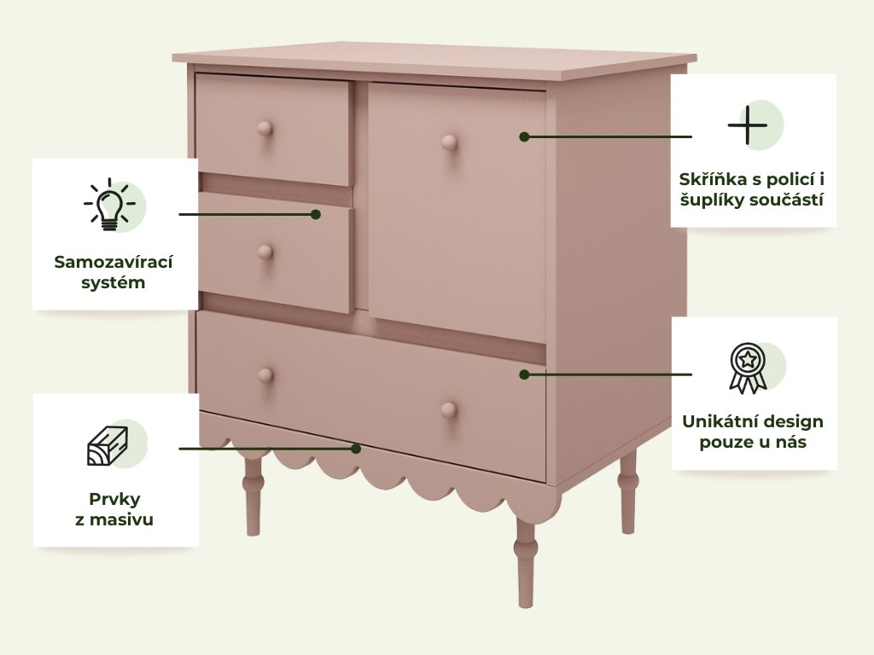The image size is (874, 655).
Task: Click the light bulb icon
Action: (110, 205)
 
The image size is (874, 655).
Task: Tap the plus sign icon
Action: (748, 125)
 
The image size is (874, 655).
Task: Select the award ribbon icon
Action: (748, 368)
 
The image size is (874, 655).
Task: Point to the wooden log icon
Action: (108, 445)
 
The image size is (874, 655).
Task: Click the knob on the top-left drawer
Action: (265, 130)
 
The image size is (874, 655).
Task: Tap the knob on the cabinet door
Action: (449, 143)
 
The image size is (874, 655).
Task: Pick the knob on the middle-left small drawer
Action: (265, 252)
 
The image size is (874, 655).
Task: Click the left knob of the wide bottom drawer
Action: (265, 375)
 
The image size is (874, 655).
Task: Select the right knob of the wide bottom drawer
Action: (449, 410)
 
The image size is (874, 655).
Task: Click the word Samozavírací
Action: (114, 263)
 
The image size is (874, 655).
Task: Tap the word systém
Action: (114, 282)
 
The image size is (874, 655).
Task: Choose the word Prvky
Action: (114, 500)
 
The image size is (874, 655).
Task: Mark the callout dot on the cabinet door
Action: (524, 136)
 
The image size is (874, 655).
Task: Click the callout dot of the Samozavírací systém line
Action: (316, 214)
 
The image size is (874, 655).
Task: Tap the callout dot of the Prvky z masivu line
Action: (356, 449)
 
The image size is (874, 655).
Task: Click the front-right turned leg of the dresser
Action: (525, 562)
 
